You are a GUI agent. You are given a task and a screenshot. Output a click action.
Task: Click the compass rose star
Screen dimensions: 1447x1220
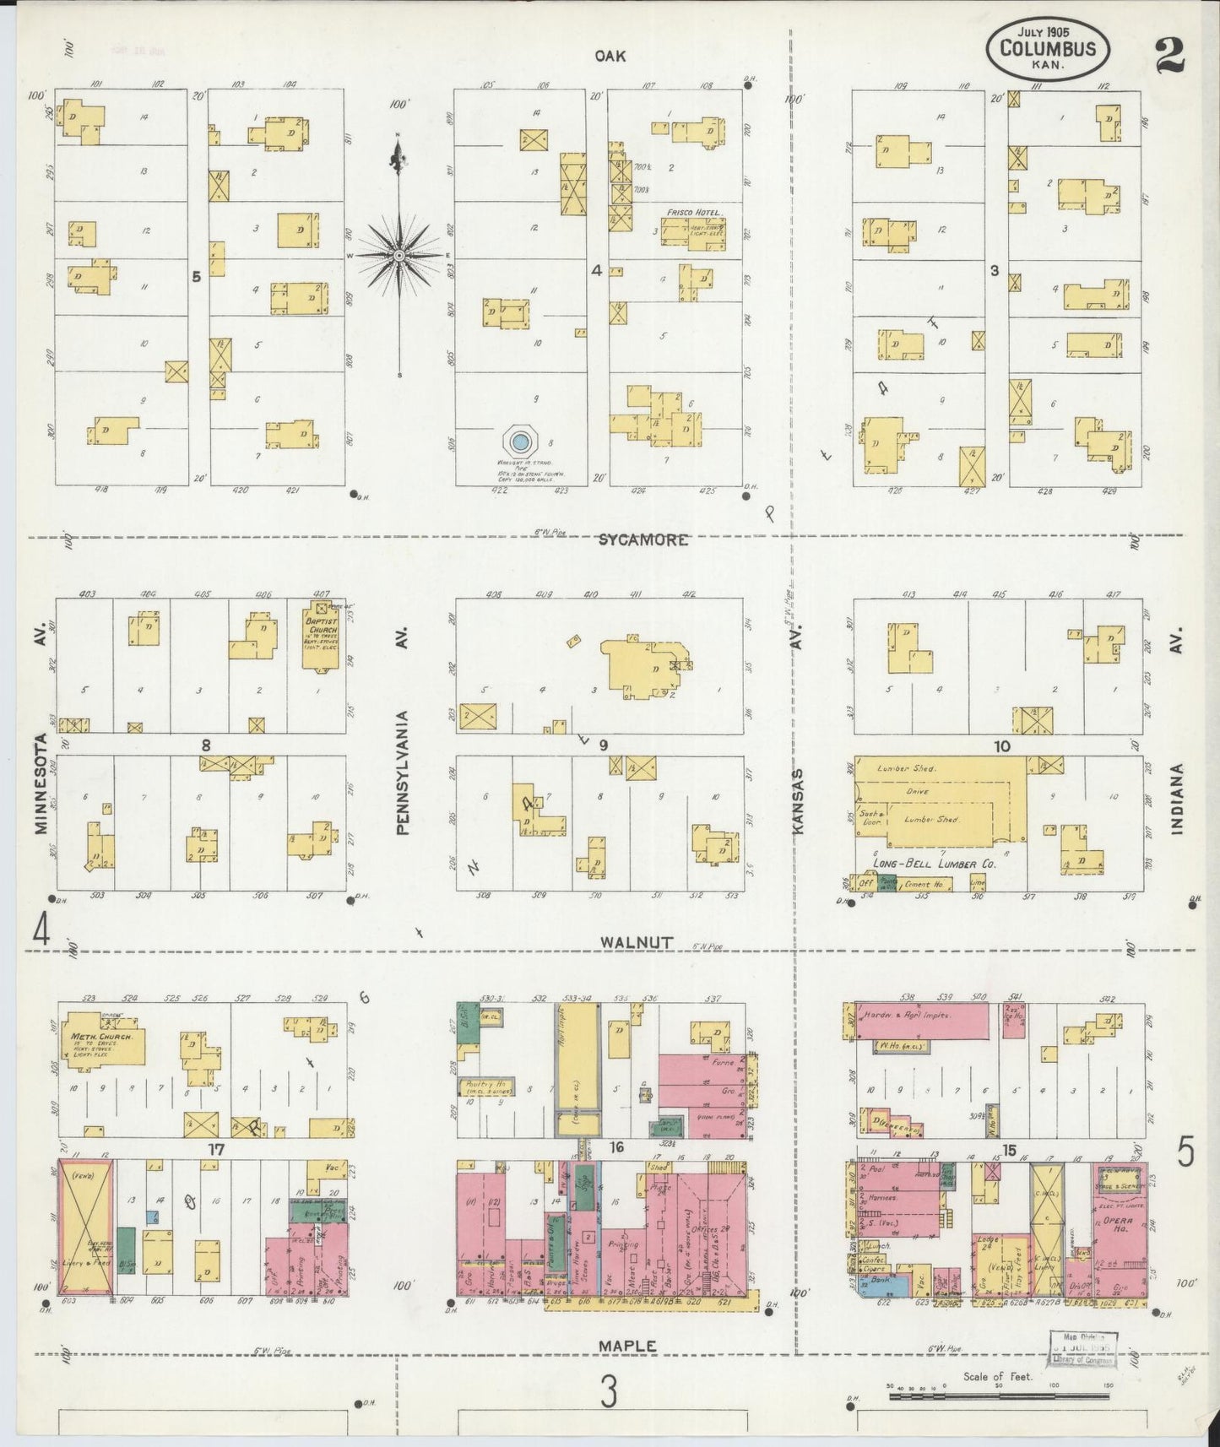click(399, 255)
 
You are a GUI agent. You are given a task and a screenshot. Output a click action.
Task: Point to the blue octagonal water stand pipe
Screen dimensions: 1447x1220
click(520, 441)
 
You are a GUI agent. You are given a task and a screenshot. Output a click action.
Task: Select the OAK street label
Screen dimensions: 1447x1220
click(610, 56)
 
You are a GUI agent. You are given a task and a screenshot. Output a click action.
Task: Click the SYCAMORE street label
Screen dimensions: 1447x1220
click(642, 539)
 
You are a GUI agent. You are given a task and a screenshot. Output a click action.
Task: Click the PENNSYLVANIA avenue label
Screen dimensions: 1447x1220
click(402, 773)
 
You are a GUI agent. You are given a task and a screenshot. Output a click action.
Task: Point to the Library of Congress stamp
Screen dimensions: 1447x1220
click(1083, 1348)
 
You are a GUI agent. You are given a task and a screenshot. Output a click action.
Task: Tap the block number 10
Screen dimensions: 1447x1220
click(1001, 746)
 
